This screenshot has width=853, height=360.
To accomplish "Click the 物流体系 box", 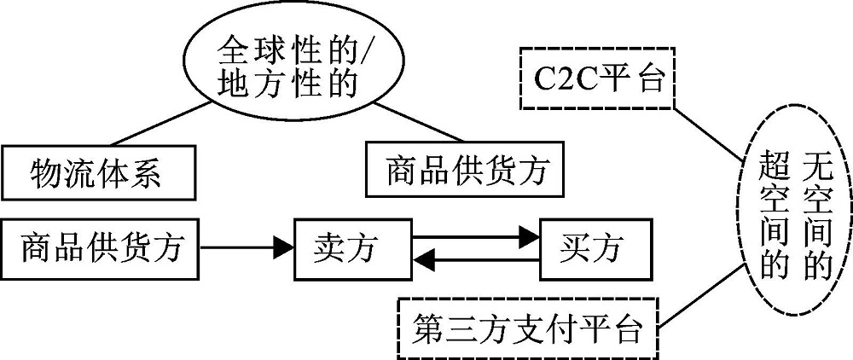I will (x=96, y=174).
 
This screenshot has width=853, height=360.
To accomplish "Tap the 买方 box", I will (x=593, y=249).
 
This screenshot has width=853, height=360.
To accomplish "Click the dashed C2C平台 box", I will (x=595, y=78).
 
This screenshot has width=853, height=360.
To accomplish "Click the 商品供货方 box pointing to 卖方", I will (x=102, y=249).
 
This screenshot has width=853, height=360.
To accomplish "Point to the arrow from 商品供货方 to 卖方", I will (x=247, y=250).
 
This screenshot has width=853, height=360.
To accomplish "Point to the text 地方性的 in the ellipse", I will (x=287, y=84).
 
